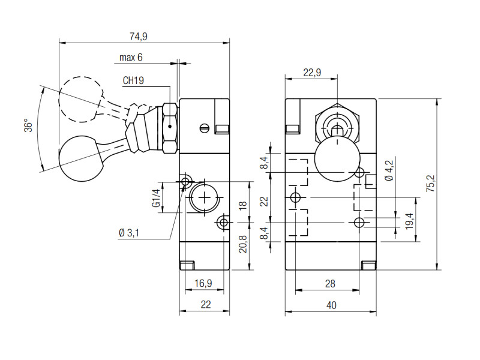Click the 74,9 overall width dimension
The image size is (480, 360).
tap(139, 37)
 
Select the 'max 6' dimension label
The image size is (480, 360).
tap(131, 57)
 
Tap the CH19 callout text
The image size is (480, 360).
tap(133, 80)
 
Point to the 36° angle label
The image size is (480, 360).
tap(28, 125)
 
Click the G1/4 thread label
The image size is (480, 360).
tap(156, 198)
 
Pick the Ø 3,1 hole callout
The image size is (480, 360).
tap(129, 233)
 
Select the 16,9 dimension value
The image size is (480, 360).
tap(203, 283)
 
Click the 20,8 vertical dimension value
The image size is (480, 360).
tap(243, 244)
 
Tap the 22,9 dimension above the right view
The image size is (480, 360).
tap(312, 73)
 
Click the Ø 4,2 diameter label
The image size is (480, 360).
tap(389, 170)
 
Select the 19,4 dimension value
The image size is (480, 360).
tap(409, 221)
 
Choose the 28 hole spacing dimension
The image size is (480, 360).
tap(330, 284)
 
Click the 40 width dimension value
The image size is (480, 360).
tap(331, 305)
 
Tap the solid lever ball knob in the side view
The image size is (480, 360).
tap(82, 158)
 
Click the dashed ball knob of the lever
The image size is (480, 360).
tap(82, 99)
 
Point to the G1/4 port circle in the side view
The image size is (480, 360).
tap(204, 198)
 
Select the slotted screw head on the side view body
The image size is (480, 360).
tap(205, 128)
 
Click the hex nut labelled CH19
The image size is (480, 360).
tap(170, 128)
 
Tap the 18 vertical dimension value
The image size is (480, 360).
tap(243, 205)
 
